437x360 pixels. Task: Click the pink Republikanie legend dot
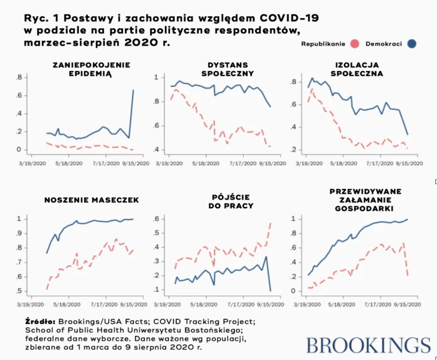point(354,44)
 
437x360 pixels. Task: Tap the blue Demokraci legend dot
point(412,44)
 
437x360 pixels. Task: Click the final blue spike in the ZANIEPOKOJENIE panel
point(133,91)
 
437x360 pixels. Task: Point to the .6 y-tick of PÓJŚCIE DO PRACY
point(158,218)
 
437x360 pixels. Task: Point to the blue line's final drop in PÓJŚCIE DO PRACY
point(270,290)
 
